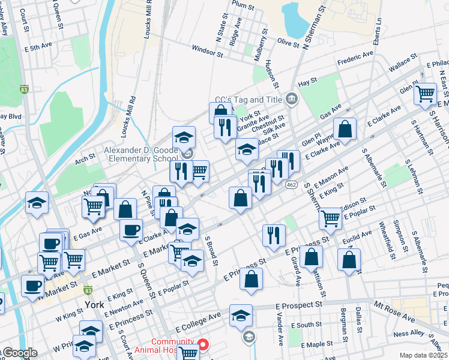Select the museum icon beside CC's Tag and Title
pos(292,98)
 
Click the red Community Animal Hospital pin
pos(203,344)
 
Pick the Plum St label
pos(243,5)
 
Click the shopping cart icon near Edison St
pos(330,218)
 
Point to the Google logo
pos(19,353)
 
